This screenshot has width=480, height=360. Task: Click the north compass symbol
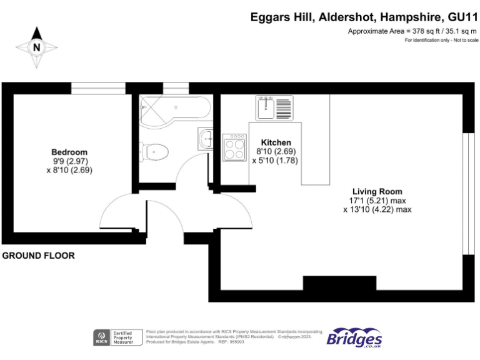pos(36,46)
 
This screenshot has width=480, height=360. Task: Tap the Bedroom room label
pos(69,152)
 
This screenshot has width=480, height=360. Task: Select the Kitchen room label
pos(276,142)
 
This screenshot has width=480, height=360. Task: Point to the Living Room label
pos(377,191)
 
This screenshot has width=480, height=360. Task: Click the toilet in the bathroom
pos(156,151)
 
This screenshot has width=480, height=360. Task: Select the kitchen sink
pos(273,107)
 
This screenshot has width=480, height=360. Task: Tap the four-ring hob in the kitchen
pos(236,149)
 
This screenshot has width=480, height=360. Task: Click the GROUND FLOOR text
pos(39,256)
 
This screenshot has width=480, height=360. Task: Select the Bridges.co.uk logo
pos(354,337)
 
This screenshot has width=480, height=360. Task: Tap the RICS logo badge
pos(101,337)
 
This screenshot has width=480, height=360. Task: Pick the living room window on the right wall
pos(466,194)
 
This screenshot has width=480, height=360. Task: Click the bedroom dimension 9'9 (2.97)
pos(69,161)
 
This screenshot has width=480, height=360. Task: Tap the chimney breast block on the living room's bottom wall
pos(339,282)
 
